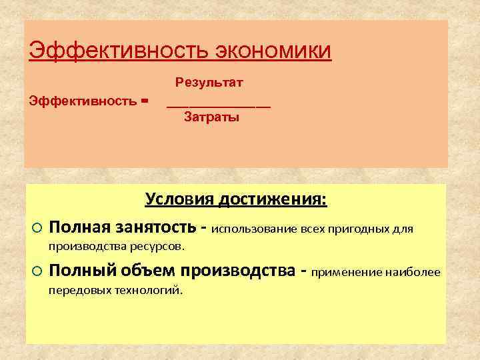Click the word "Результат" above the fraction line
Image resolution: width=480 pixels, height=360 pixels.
tap(209, 83)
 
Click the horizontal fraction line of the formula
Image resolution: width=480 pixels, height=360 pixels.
tap(219, 107)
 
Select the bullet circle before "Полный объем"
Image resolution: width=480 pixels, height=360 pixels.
tap(37, 271)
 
